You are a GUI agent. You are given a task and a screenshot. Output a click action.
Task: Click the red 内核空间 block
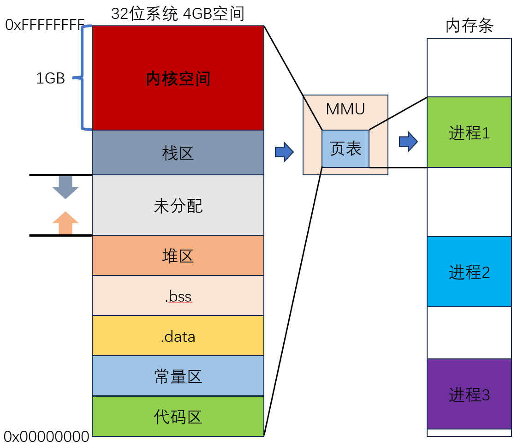coord(178,78)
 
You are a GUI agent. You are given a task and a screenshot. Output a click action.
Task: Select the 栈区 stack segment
coord(178,153)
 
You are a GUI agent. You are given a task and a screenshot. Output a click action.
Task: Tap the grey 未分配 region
coord(178,205)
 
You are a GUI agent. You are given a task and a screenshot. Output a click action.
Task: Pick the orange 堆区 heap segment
coord(178,255)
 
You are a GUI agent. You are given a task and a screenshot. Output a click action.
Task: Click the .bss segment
coord(178,296)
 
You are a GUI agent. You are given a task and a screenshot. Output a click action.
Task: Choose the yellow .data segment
coord(178,336)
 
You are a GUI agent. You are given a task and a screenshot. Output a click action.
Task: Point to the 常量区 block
coord(178,376)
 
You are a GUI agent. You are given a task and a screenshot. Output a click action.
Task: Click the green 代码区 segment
coord(178,416)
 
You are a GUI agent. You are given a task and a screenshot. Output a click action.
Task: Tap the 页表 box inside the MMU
coord(345,149)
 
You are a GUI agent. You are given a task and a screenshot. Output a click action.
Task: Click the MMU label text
coord(345,109)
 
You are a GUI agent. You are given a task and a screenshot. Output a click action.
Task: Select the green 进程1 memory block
coord(469,132)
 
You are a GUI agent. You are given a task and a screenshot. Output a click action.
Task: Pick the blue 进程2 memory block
coord(469,272)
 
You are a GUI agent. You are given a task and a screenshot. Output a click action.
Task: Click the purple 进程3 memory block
coord(469,394)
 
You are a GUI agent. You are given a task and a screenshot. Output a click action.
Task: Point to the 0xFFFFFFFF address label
coord(45,24)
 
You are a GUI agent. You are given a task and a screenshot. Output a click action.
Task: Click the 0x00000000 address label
coord(46,436)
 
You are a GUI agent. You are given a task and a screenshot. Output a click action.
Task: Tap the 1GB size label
coord(50,78)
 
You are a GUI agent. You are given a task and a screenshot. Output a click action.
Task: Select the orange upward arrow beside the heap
coord(65,223)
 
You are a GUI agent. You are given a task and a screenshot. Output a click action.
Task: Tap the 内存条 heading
coord(470,26)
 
